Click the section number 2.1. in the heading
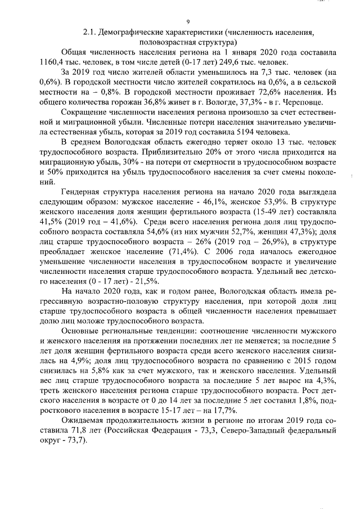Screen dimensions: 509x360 (x=91, y=33)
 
